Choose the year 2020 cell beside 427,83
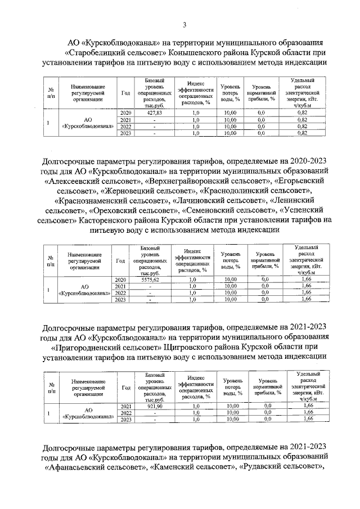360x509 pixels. tap(126, 113)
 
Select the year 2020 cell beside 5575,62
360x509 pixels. tap(120, 280)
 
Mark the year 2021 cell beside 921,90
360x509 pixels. tap(125, 406)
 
